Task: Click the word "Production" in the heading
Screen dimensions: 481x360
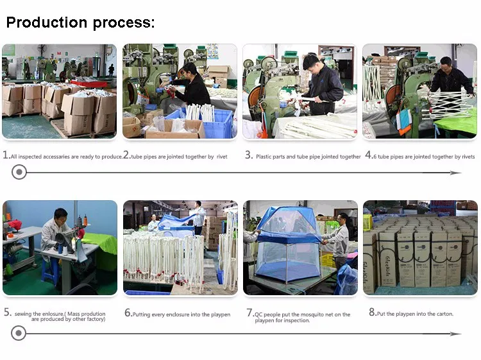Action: tap(47, 22)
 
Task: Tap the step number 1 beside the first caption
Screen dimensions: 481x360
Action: tap(6, 155)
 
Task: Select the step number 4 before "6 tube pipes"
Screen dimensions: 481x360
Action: tap(368, 155)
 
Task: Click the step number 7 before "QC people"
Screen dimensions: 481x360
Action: tap(249, 313)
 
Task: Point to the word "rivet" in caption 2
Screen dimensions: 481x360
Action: tap(222, 157)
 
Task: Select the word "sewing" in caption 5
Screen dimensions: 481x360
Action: tap(23, 314)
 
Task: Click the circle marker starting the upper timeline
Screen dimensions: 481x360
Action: tap(19, 172)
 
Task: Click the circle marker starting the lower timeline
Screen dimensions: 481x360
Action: tap(19, 333)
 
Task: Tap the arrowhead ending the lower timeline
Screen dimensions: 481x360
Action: tap(456, 334)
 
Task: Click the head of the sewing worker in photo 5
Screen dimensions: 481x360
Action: tap(61, 216)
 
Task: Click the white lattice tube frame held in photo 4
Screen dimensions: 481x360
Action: tap(448, 105)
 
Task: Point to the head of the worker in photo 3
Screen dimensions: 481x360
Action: tap(310, 63)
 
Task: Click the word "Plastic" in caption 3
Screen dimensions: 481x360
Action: tap(264, 157)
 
